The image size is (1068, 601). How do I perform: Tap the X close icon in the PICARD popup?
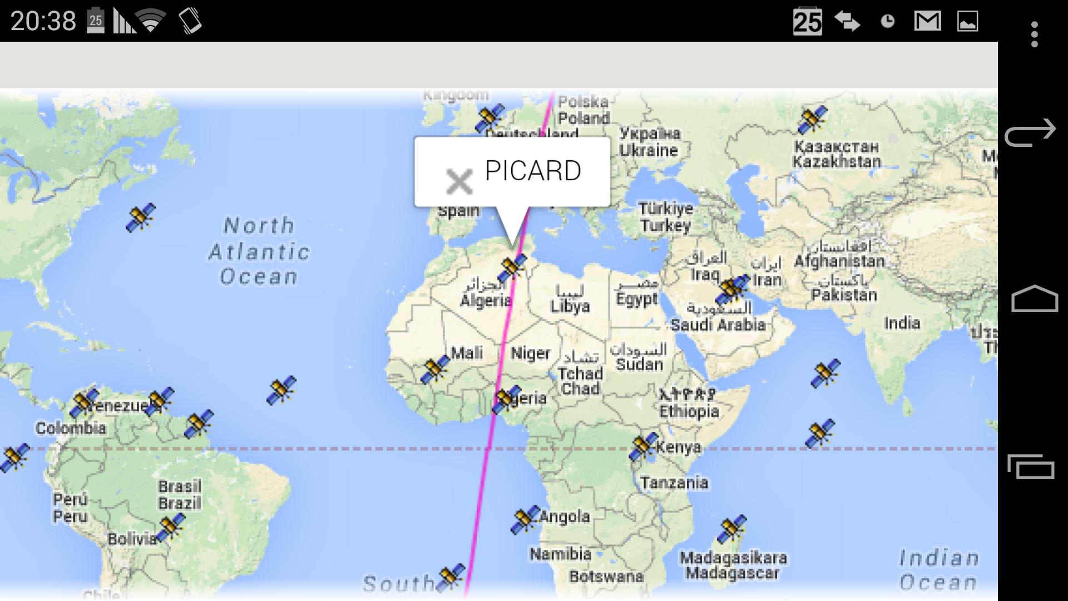(459, 181)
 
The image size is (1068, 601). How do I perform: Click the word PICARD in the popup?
(533, 171)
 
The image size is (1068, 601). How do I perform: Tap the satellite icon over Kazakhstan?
(812, 120)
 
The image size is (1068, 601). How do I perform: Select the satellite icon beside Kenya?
(643, 447)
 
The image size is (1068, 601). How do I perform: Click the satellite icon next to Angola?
(525, 520)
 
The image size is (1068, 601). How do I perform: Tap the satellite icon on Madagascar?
(731, 529)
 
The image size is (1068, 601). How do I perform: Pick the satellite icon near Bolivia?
(170, 527)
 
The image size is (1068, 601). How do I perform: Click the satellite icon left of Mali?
(435, 370)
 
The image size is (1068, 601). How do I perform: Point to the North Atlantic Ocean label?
(259, 251)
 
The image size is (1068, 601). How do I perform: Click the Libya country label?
(570, 306)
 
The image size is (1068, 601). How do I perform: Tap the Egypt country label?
(637, 299)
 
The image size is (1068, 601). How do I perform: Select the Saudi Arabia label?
(718, 324)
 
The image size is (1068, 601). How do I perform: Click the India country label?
(902, 323)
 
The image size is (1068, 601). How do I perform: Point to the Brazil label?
(179, 503)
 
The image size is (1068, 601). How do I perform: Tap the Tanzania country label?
(674, 482)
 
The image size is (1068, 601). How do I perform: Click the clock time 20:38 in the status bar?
(43, 21)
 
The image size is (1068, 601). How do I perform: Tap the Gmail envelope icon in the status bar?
(927, 22)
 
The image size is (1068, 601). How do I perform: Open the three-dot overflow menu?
(1034, 35)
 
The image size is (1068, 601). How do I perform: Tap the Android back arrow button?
(1030, 133)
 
